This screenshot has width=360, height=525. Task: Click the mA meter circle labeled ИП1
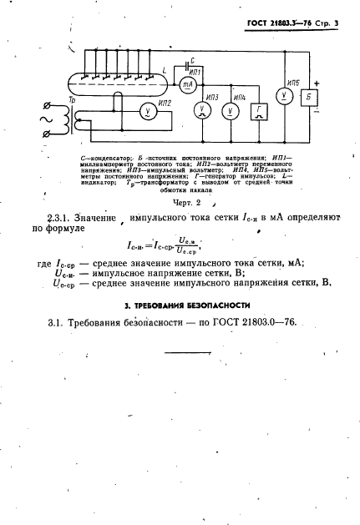(x=187, y=84)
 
